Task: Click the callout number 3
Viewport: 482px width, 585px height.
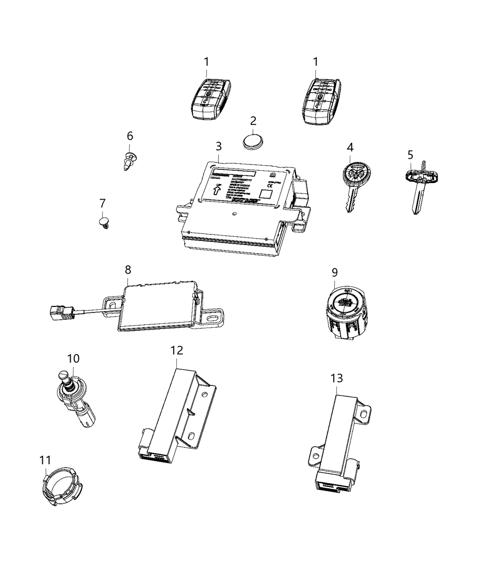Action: point(219,146)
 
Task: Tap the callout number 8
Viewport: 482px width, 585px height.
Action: point(128,269)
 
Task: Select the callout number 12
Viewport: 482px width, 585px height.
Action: point(177,350)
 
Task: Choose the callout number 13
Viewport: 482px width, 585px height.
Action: point(336,378)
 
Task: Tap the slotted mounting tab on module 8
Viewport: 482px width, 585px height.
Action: point(213,317)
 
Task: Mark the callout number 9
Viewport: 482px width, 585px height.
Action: point(335,273)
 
